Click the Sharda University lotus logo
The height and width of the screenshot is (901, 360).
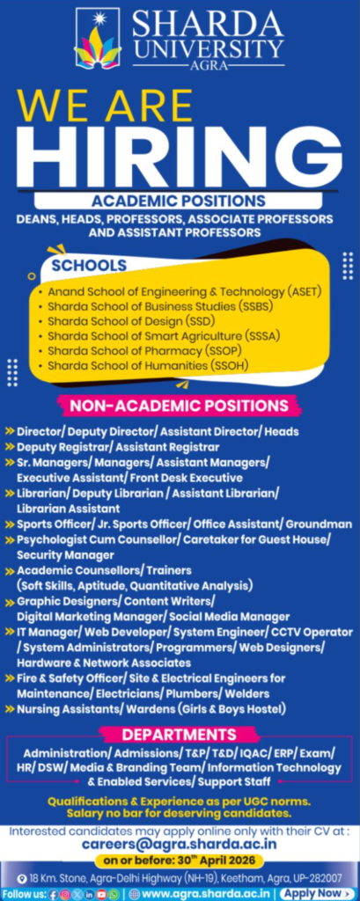(97, 40)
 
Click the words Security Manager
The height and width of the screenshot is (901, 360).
(64, 555)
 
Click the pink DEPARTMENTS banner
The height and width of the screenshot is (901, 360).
(179, 735)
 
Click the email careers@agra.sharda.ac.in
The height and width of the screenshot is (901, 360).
(180, 842)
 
